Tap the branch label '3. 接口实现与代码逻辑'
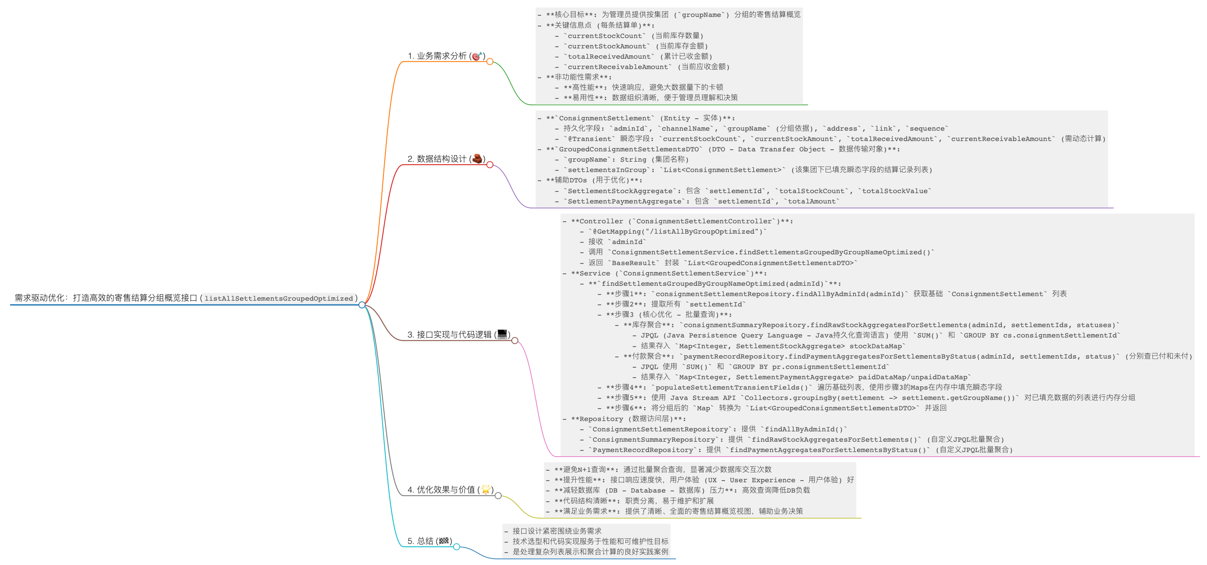450,335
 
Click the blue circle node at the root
362,305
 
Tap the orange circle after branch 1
490,61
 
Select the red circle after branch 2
490,165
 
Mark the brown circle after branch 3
515,340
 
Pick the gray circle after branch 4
498,496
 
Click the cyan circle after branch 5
456,547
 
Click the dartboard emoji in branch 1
477,56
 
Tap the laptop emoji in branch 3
502,334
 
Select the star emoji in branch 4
486,489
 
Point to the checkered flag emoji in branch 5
444,541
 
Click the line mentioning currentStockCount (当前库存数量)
633,36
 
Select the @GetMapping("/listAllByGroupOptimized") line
678,232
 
